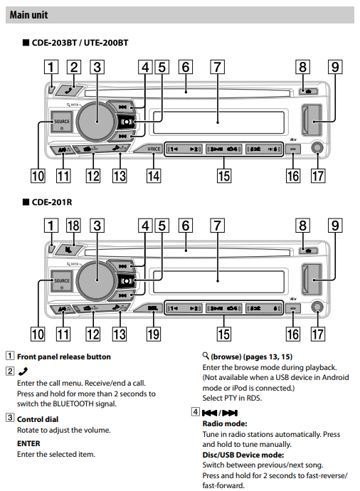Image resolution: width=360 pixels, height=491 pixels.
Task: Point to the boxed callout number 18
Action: [x=73, y=227]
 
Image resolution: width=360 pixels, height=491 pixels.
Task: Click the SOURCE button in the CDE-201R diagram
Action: [x=62, y=281]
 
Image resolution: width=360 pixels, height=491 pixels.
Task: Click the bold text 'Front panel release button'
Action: [x=64, y=357]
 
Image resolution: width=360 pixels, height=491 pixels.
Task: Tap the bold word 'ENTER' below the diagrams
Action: [x=30, y=442]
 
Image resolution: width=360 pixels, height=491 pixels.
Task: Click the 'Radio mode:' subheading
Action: [x=225, y=423]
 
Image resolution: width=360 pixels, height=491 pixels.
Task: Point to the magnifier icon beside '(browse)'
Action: [x=206, y=356]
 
